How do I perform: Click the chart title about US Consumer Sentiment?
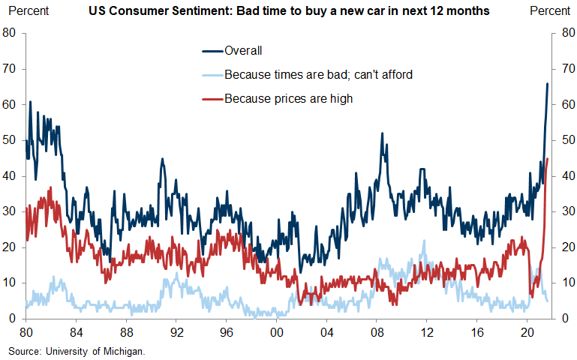point(289,11)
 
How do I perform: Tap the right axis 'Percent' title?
point(550,11)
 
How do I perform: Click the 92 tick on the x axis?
point(176,331)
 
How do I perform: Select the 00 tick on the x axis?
point(276,331)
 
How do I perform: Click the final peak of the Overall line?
point(547,83)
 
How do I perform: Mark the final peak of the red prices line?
point(548,158)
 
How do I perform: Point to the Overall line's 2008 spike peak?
point(382,133)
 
